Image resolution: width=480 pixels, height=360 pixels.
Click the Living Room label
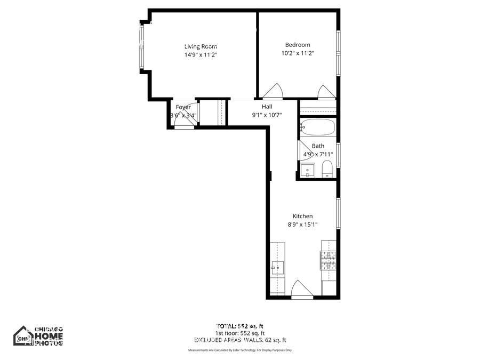pos(201,46)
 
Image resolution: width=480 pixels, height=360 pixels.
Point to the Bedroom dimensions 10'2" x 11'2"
pos(298,53)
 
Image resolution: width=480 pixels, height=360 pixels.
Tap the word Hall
pos(267,107)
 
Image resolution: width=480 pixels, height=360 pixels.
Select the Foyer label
pos(183,107)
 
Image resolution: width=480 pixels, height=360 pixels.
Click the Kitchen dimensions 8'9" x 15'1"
pos(302,224)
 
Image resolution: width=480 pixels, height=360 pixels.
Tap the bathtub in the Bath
pos(317,128)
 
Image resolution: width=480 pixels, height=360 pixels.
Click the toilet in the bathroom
pos(327,170)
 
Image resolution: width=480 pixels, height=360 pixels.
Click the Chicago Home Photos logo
pos(38,336)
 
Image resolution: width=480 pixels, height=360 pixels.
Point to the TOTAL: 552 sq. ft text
pos(240,326)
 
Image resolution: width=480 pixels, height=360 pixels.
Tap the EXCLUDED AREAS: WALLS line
pos(240,340)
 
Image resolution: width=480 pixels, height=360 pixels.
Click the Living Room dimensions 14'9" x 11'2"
pos(201,54)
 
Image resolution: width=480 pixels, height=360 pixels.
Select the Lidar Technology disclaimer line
pos(240,350)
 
